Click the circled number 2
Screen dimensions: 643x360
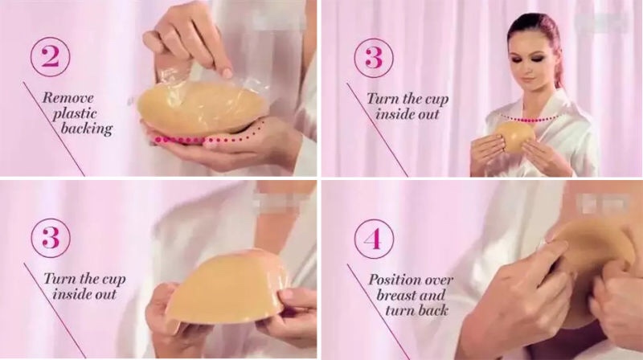[x=50, y=56]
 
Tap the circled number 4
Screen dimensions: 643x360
[x=374, y=239]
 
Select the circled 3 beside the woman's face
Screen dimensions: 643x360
[x=374, y=57]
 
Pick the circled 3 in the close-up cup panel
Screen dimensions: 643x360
[x=51, y=238]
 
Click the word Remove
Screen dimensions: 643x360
[x=68, y=97]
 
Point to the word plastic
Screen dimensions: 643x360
[x=76, y=114]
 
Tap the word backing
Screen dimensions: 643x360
[x=87, y=129]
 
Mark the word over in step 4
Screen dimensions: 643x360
[x=438, y=280]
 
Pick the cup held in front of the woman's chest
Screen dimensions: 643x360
[x=515, y=138]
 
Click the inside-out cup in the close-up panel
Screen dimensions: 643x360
[x=227, y=288]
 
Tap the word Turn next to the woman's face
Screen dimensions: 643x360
[x=383, y=99]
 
